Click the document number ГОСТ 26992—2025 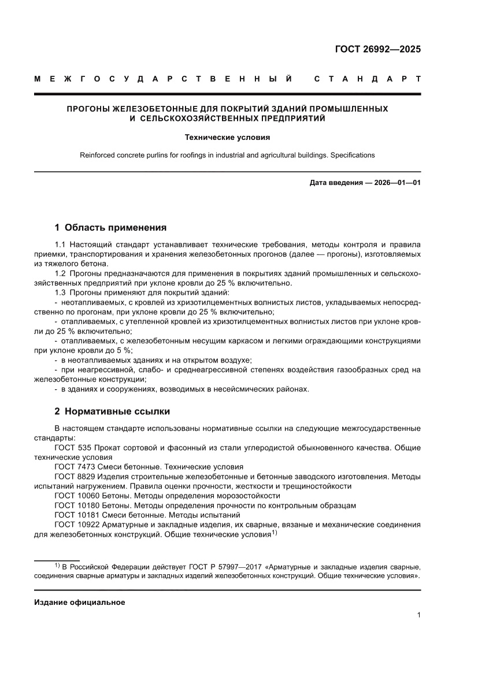(x=378, y=49)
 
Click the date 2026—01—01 (x=396, y=183)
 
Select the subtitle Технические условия (x=227, y=138)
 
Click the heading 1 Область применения (x=110, y=227)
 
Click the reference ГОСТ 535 (x=74, y=448)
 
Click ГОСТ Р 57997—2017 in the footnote (x=219, y=567)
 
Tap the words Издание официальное (x=80, y=602)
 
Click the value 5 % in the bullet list (x=125, y=350)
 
